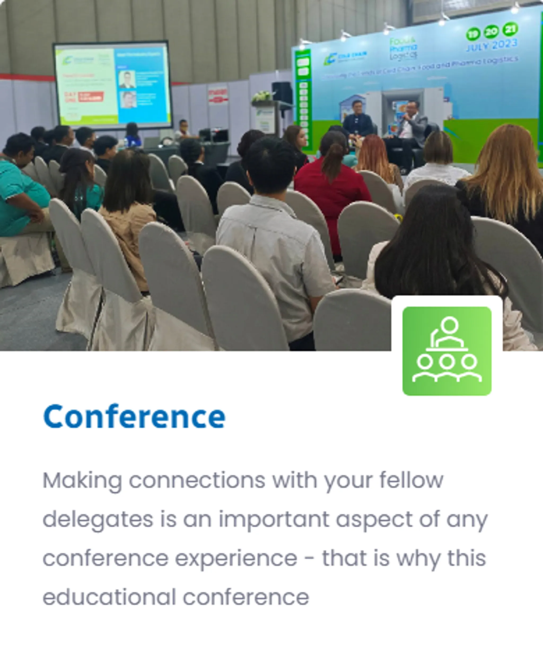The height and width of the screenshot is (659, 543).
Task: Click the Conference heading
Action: tap(134, 417)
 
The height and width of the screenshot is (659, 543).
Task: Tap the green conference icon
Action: tap(447, 351)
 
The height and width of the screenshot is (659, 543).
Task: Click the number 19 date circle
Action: tap(473, 34)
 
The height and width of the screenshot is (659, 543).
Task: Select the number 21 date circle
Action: tap(510, 29)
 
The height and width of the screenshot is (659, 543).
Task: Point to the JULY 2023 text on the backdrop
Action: tap(492, 46)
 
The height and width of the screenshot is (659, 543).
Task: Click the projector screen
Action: tap(113, 84)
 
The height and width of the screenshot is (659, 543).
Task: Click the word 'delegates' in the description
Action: tap(98, 520)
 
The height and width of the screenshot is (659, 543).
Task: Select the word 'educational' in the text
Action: tap(109, 597)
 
